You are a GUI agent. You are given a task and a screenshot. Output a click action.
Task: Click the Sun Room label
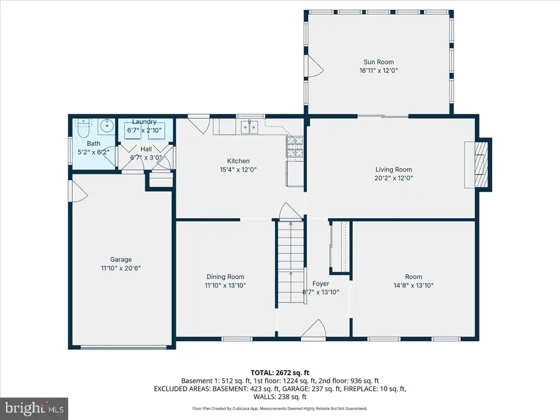[x=378, y=62]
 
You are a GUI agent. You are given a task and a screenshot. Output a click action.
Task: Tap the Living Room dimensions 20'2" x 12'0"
[x=394, y=178]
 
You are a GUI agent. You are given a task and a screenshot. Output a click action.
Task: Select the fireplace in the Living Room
[x=478, y=165]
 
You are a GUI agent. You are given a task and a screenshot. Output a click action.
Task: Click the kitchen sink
[x=249, y=127]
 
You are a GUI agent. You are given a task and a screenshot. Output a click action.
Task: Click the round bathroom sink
[x=107, y=126]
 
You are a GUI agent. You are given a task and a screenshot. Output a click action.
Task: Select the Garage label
[x=121, y=260]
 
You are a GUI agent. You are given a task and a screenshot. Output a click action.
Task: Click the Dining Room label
[x=225, y=277]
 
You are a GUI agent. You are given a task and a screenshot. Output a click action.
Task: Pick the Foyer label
[x=320, y=284]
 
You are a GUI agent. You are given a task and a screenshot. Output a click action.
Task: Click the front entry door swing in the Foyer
[x=313, y=329]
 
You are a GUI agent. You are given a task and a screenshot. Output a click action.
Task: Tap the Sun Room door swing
[x=314, y=66]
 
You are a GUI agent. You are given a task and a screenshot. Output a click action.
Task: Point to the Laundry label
[x=144, y=122]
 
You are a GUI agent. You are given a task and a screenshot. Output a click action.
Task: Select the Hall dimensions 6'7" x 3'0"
[x=146, y=157]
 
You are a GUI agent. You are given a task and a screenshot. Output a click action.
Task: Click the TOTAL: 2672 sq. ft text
[x=280, y=373]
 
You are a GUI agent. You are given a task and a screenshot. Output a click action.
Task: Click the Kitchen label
[x=238, y=161]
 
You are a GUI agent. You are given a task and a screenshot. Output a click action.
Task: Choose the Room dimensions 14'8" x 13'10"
[x=413, y=285]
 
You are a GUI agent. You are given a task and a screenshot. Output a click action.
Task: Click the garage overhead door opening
[x=123, y=346]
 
